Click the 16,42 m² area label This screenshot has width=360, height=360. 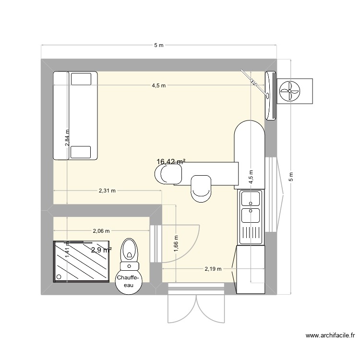pyautogui.click(x=170, y=162)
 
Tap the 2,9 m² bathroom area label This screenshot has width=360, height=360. pyautogui.click(x=102, y=250)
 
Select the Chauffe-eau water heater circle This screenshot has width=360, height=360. pyautogui.click(x=129, y=281)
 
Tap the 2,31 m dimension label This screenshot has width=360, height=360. pyautogui.click(x=108, y=191)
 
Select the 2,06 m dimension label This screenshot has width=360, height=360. pyautogui.click(x=101, y=231)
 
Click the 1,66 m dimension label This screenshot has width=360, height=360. pyautogui.click(x=176, y=243)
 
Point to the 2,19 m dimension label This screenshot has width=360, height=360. pyautogui.click(x=213, y=269)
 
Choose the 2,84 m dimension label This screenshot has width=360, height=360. pyautogui.click(x=68, y=138)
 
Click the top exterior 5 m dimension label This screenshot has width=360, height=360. pyautogui.click(x=158, y=45)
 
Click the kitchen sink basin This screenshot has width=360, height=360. pyautogui.click(x=251, y=198)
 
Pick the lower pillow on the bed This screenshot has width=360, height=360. pyautogui.click(x=81, y=152)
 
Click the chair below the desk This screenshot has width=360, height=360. pyautogui.click(x=201, y=189)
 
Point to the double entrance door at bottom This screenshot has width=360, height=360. pyautogui.click(x=196, y=305)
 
